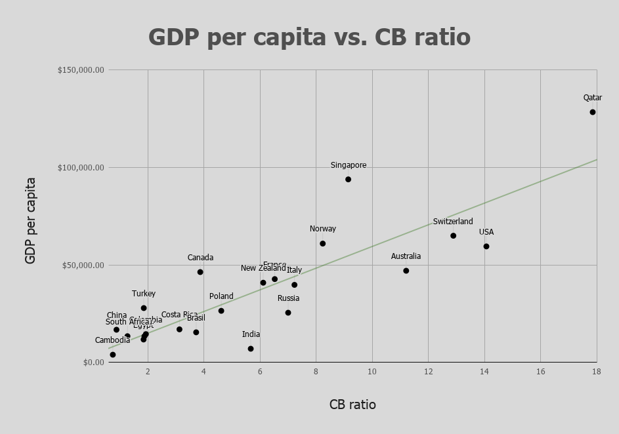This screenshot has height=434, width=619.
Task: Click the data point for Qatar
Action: (x=593, y=112)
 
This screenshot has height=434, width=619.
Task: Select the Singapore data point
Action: (x=349, y=180)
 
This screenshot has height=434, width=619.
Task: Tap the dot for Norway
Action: (x=323, y=244)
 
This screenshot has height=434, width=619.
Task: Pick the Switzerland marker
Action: (x=454, y=236)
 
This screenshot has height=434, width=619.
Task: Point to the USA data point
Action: (x=486, y=247)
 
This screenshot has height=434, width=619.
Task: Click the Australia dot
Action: (x=406, y=271)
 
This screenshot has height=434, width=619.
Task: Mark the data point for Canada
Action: (x=200, y=272)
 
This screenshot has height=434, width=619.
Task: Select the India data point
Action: (x=251, y=349)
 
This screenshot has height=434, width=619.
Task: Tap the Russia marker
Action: (x=288, y=313)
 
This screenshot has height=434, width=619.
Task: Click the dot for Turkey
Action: (x=144, y=308)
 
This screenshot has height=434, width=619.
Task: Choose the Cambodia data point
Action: (x=113, y=355)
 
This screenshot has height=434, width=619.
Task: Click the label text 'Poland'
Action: (x=221, y=296)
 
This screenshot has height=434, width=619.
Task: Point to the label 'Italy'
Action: (x=295, y=270)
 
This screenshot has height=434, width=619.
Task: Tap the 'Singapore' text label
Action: (x=349, y=166)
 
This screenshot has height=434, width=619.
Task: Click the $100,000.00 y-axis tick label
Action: (x=81, y=168)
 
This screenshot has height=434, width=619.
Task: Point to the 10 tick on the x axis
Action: (x=372, y=372)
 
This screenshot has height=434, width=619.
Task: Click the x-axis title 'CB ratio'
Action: (x=352, y=404)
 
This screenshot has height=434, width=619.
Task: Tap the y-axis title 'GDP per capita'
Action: (x=30, y=220)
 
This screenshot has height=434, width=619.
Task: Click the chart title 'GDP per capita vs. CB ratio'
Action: (x=309, y=37)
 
